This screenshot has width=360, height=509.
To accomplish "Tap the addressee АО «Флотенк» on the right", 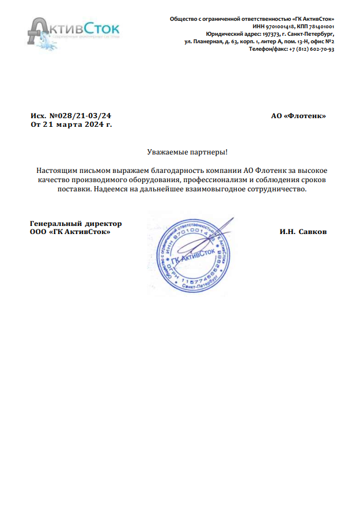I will coord(298,116).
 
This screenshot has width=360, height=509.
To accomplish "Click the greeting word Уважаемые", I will coord(166,152).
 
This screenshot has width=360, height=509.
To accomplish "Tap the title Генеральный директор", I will coord(75,224).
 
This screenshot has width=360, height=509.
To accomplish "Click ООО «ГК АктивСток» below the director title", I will coord(70,232).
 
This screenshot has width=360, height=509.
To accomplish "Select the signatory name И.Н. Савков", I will coord(303,232).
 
